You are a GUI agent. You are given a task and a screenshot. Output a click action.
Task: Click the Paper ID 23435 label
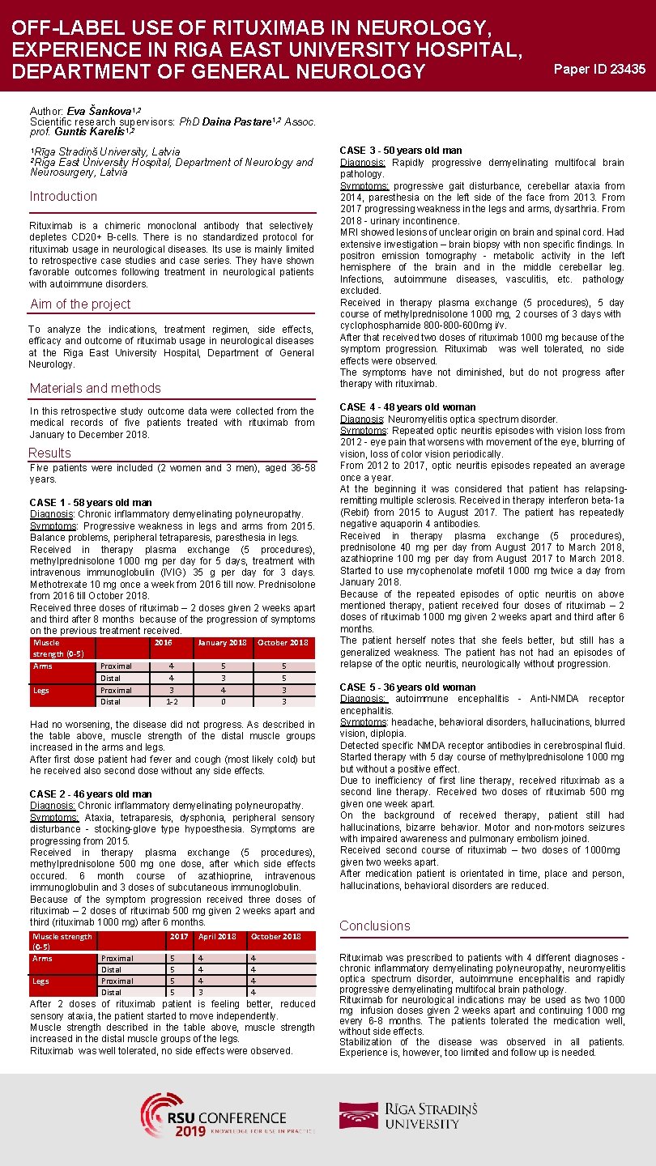tap(599, 69)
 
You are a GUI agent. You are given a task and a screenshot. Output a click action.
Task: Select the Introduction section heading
tap(63, 197)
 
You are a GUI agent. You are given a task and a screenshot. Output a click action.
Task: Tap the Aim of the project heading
tap(80, 304)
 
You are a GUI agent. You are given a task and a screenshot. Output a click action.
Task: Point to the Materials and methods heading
tap(96, 389)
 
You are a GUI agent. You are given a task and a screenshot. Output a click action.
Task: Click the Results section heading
tap(50, 453)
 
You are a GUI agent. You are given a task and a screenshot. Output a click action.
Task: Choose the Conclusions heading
tap(375, 926)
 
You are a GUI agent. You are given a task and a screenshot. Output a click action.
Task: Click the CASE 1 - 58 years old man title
tap(91, 503)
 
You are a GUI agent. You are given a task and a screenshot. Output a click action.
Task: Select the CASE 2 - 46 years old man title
tap(91, 794)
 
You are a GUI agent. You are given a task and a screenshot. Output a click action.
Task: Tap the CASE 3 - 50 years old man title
tap(401, 151)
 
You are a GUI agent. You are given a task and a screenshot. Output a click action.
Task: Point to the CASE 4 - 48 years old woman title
tap(408, 407)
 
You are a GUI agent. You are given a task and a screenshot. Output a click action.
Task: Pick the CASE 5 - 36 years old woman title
tap(408, 687)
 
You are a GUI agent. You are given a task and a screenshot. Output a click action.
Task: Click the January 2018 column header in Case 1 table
tap(222, 643)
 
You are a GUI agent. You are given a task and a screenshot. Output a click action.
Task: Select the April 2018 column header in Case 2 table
tap(217, 937)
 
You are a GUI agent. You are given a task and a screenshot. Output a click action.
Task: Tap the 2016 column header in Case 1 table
tap(163, 643)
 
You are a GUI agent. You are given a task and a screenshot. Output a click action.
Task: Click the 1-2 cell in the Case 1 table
tap(171, 702)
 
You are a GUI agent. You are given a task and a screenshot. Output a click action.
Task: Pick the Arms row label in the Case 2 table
tap(43, 959)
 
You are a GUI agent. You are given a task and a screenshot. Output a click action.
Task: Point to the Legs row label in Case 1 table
tap(42, 691)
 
